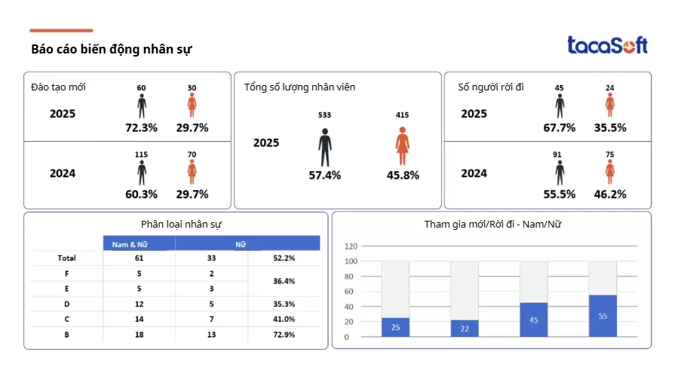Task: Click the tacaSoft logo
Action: pyautogui.click(x=607, y=45)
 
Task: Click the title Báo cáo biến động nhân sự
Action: pyautogui.click(x=112, y=50)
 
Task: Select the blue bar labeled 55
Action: pyautogui.click(x=603, y=316)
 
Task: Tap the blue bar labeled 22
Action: pyautogui.click(x=465, y=328)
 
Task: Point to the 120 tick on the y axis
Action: pyautogui.click(x=351, y=246)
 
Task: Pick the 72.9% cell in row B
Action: pyautogui.click(x=284, y=335)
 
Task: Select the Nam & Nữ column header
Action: pyautogui.click(x=139, y=244)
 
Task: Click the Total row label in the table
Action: pyautogui.click(x=66, y=258)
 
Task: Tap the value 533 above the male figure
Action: pyautogui.click(x=325, y=115)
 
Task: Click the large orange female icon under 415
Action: pyautogui.click(x=403, y=146)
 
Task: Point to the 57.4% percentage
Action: pyautogui.click(x=325, y=175)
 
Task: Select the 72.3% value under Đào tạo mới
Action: pyautogui.click(x=141, y=127)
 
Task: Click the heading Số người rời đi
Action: pyautogui.click(x=491, y=87)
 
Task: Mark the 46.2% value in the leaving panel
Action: pyautogui.click(x=610, y=194)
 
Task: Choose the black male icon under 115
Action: pyautogui.click(x=142, y=173)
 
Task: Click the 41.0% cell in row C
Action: pyautogui.click(x=284, y=320)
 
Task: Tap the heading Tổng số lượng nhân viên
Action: pyautogui.click(x=299, y=87)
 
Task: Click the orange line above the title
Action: pyautogui.click(x=61, y=31)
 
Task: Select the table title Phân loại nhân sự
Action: pyautogui.click(x=181, y=224)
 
